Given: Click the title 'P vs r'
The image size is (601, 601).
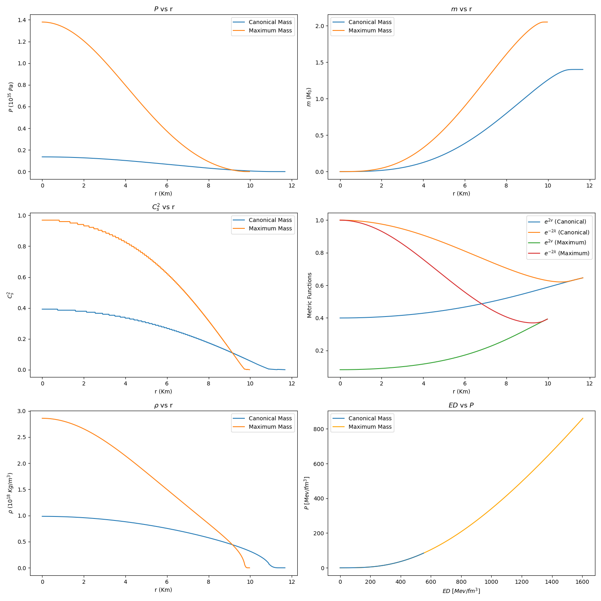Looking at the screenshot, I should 163,9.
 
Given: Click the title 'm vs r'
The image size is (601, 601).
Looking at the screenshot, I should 461,9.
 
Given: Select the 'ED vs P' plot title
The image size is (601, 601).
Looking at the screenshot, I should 461,405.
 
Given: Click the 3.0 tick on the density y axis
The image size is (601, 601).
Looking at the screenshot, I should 22,411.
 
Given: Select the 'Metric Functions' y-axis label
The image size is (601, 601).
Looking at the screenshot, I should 310,295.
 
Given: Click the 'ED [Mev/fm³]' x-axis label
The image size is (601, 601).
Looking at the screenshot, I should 461,591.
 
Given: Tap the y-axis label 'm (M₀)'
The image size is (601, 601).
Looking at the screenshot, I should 309,97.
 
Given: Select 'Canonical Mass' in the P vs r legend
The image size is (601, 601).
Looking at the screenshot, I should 270,22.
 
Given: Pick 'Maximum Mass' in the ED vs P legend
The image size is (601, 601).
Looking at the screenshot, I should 370,427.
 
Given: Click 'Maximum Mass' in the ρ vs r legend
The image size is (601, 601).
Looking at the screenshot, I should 270,427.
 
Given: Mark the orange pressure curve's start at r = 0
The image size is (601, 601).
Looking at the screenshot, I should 42,22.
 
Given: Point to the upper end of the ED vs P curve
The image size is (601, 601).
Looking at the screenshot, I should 583,418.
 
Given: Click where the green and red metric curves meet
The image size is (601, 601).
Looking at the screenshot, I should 547,319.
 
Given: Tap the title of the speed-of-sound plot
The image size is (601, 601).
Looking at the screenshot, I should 163,207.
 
